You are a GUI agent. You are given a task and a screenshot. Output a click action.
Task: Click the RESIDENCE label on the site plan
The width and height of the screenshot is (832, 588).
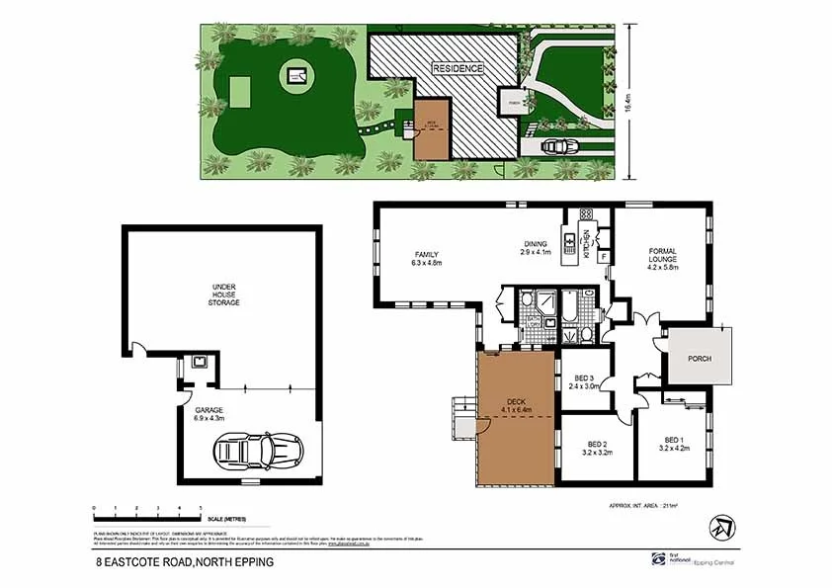[x=458, y=69]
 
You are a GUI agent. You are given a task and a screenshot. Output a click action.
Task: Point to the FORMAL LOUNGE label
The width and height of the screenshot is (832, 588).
[x=662, y=258]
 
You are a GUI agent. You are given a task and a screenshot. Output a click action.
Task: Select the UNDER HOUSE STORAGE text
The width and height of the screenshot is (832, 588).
[x=225, y=294]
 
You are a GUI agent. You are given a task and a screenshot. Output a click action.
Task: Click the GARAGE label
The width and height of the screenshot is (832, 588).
[x=209, y=413]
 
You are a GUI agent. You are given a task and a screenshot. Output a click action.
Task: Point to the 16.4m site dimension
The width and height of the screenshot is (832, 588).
[x=629, y=102]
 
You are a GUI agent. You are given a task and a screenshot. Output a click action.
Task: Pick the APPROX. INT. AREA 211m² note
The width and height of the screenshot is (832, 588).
[x=649, y=506]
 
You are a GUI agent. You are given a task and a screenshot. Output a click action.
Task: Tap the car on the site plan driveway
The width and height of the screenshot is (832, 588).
[x=559, y=145]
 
